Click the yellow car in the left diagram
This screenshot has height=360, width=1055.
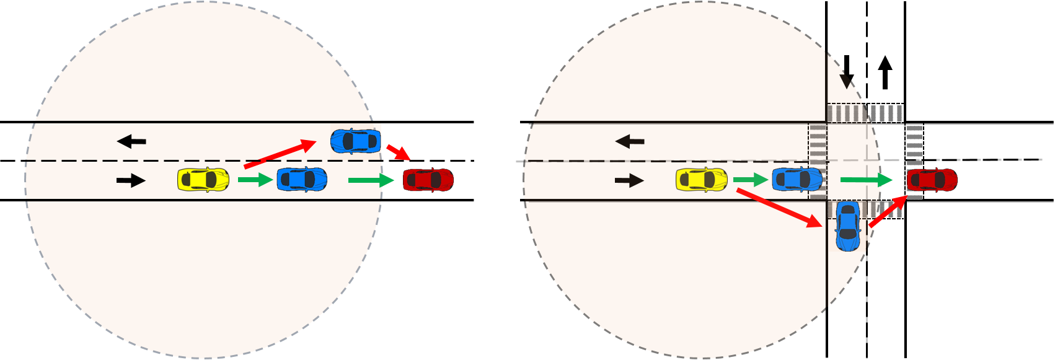coord(203,180)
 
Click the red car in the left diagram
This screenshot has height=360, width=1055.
coord(428,180)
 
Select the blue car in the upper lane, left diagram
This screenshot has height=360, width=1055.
coord(356,141)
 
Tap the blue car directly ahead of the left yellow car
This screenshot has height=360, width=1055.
coord(302,180)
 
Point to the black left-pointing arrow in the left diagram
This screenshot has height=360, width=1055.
coord(131,142)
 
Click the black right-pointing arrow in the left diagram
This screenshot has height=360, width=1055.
coord(131,181)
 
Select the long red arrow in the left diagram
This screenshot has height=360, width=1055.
coord(280,154)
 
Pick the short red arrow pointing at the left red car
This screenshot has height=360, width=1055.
coord(398,152)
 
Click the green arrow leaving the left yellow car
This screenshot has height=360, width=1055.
coord(255,180)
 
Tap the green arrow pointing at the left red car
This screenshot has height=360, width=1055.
coord(371,180)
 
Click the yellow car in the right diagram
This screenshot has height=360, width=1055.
coord(702,180)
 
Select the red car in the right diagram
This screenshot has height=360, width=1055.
coord(932,180)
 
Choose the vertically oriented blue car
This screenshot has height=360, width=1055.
coord(848,226)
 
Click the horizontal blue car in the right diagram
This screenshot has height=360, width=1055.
coord(797,180)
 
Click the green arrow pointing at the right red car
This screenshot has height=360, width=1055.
coord(867,180)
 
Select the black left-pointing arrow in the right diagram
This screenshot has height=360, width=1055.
coord(630,142)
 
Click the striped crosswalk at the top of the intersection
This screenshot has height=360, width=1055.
coord(864,113)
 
